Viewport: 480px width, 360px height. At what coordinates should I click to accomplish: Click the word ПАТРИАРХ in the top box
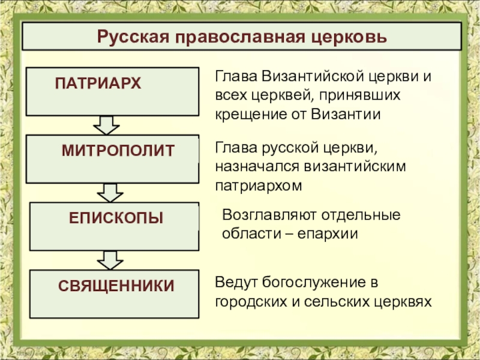98,83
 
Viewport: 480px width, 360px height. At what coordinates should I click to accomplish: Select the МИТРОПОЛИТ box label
118,151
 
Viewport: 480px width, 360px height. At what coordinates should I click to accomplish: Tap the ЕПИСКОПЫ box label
116,217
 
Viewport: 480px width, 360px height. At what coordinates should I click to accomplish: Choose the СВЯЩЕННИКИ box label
116,285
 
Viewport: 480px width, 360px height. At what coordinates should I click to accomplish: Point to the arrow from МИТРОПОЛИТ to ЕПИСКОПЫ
110,193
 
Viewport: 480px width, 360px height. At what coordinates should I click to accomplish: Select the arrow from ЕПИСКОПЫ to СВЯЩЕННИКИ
110,260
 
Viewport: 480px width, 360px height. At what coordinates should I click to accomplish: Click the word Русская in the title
135,38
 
